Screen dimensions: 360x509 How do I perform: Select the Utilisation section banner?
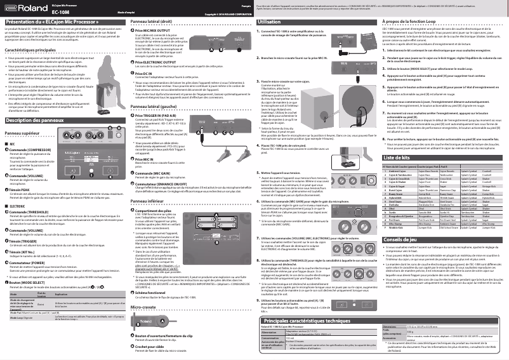click(x=274, y=22)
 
